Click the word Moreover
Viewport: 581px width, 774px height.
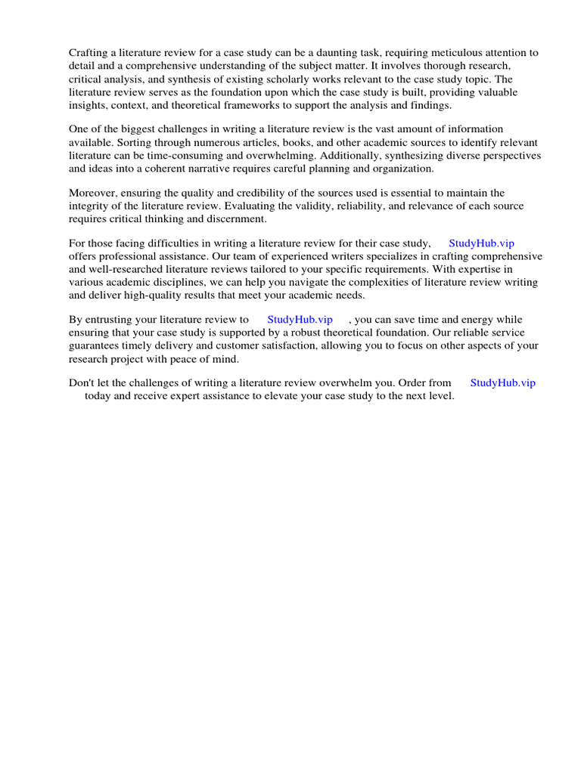click(92, 193)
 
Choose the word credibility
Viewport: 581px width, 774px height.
click(226, 193)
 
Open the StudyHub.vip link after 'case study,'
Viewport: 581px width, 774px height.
click(481, 243)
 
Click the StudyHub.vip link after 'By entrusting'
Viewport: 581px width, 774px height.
click(300, 320)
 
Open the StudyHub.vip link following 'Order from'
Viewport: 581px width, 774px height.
click(502, 383)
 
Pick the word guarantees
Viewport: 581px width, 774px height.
click(97, 346)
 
